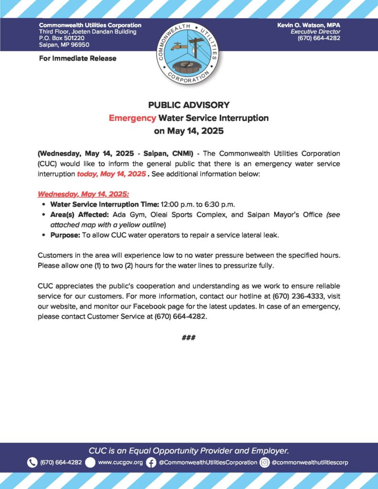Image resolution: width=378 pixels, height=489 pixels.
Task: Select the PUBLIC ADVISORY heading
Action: [189, 105]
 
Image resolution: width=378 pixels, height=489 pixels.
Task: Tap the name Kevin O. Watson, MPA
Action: [309, 25]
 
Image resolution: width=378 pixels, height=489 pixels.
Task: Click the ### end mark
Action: [189, 338]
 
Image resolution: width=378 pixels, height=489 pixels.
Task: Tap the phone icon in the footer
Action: [32, 462]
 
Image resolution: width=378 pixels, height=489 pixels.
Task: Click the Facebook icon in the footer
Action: [151, 462]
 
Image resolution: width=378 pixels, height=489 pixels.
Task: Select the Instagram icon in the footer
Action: [265, 462]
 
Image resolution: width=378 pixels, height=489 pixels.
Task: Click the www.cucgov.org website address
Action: [120, 462]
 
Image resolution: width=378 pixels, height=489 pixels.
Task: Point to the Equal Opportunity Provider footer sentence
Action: [189, 450]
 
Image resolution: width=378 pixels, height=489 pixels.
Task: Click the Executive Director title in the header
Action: [318, 32]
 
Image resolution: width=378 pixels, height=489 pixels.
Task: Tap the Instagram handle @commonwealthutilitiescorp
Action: [310, 462]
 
